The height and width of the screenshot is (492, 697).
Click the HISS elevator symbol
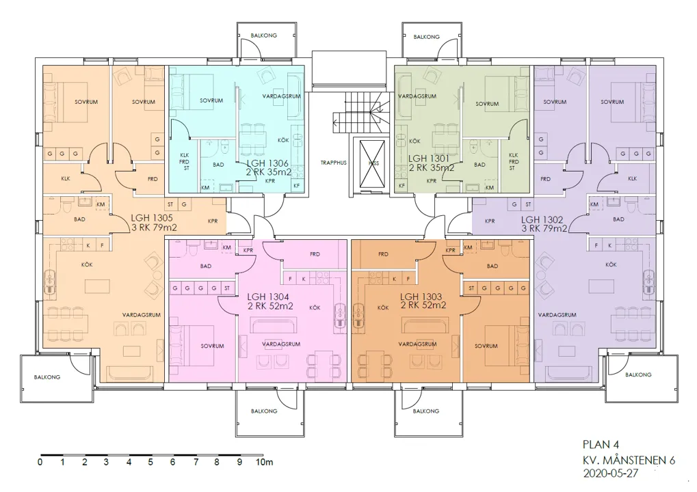pos(373,163)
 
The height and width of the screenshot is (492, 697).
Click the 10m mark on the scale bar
pos(264,463)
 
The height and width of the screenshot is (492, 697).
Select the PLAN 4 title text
pos(599,444)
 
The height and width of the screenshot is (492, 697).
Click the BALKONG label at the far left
pos(47,377)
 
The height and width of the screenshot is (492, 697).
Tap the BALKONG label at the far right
pos(638,374)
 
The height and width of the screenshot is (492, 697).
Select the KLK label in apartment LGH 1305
pos(65,179)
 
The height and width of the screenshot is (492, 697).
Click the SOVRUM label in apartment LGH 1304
pos(212,346)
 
